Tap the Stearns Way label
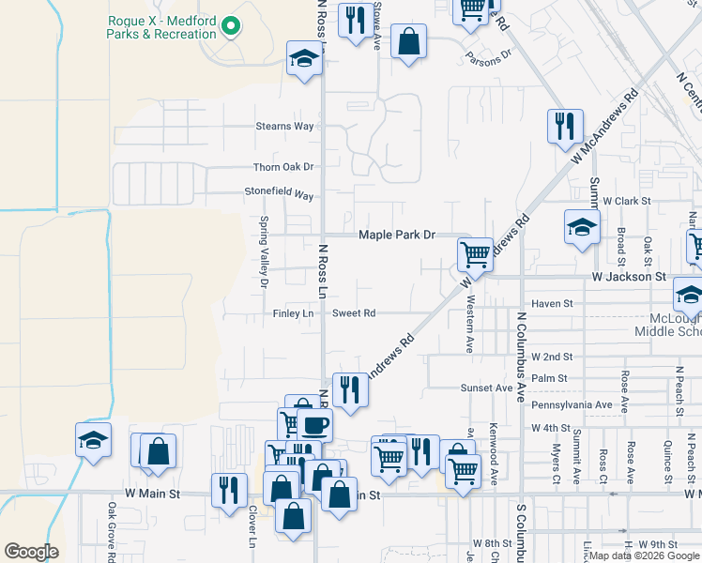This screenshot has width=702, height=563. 285,126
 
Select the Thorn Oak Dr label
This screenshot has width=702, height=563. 282,167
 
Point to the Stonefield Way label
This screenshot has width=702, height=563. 279,195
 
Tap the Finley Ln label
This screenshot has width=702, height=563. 292,313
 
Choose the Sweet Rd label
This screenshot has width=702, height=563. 354,313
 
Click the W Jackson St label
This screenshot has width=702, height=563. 628,278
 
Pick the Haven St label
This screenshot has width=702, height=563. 552,304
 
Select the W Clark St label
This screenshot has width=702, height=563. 627,201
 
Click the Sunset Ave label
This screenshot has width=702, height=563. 486,388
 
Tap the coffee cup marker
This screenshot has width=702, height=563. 314,424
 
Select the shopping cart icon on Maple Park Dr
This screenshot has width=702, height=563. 476,253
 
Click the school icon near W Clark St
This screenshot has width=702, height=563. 582,226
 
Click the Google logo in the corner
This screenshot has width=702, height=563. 31,552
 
